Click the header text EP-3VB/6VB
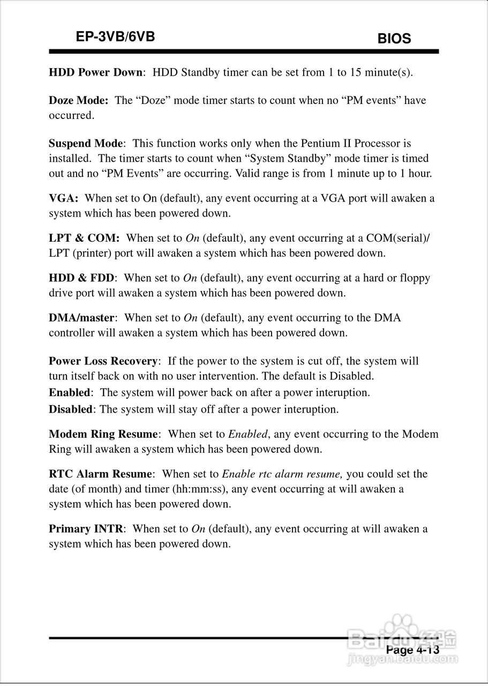pyautogui.click(x=116, y=36)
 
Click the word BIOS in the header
pyautogui.click(x=394, y=39)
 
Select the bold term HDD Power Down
pyautogui.click(x=95, y=72)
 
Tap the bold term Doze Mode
pyautogui.click(x=78, y=100)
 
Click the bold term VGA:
pyautogui.click(x=64, y=198)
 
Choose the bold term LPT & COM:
pyautogui.click(x=84, y=238)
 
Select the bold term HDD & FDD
pyautogui.click(x=81, y=278)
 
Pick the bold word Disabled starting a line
pyautogui.click(x=71, y=409)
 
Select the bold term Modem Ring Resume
pyautogui.click(x=103, y=434)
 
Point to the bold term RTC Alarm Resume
pyautogui.click(x=100, y=474)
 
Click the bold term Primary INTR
pyautogui.click(x=86, y=529)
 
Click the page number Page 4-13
pyautogui.click(x=412, y=650)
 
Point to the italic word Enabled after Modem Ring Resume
pyautogui.click(x=247, y=434)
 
